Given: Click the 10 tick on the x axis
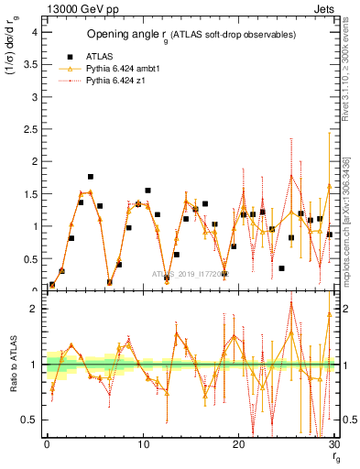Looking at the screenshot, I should [x=142, y=444].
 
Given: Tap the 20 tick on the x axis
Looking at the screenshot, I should [x=238, y=444].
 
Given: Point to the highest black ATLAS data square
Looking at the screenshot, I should [x=91, y=176].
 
